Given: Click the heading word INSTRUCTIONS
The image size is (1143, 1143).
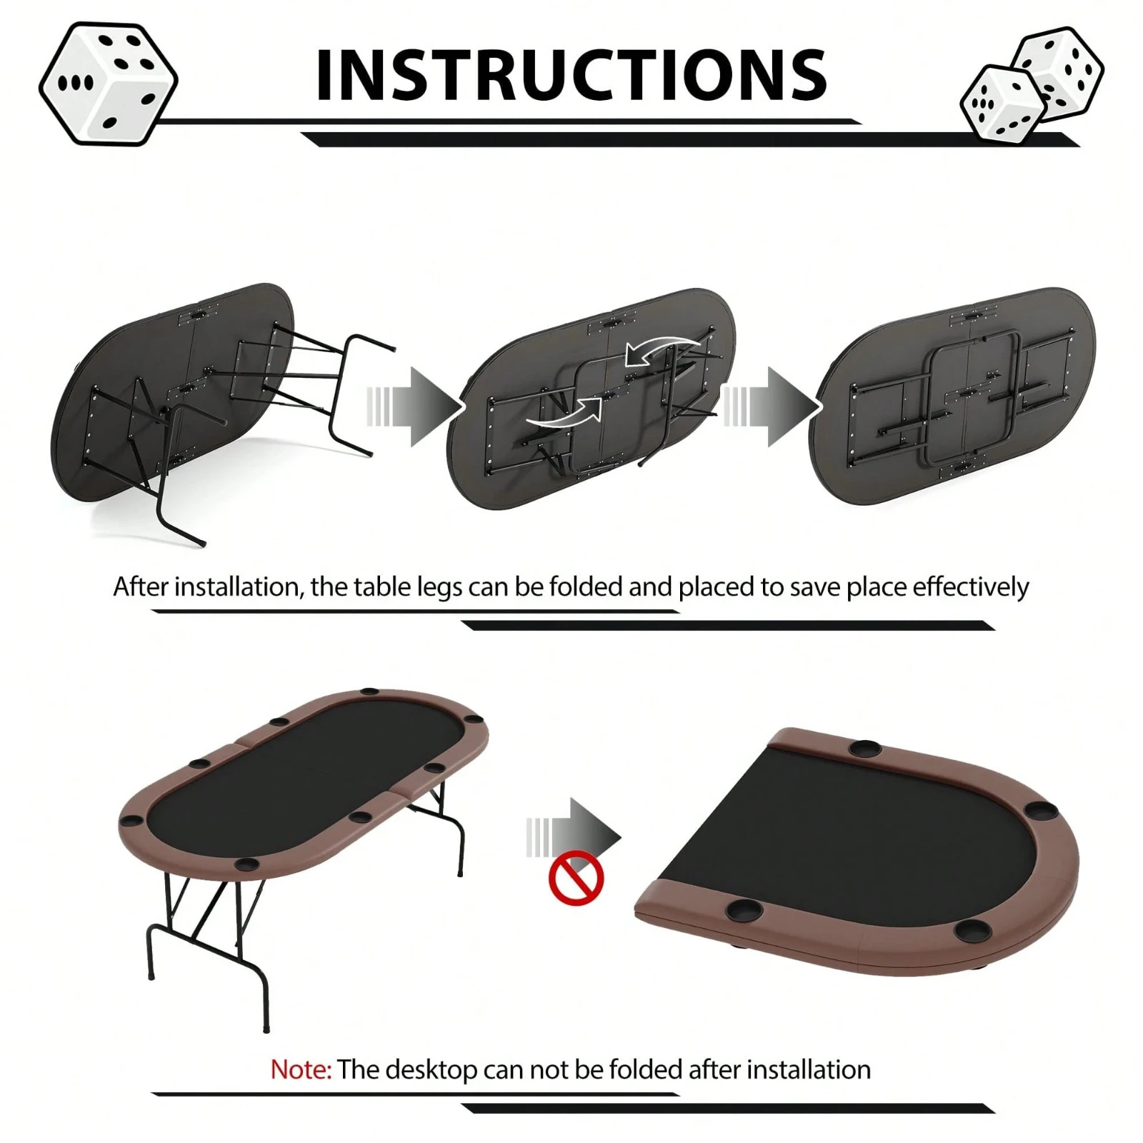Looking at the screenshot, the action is (x=571, y=75).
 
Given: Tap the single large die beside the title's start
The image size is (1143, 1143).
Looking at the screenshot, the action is (x=108, y=84).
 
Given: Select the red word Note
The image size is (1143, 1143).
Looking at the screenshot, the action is (x=300, y=1069).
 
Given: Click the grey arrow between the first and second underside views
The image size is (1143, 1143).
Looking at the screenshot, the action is (x=414, y=407).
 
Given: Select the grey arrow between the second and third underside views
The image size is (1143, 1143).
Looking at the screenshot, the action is (x=772, y=407).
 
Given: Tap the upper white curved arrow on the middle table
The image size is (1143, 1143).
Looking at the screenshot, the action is (x=661, y=349).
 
